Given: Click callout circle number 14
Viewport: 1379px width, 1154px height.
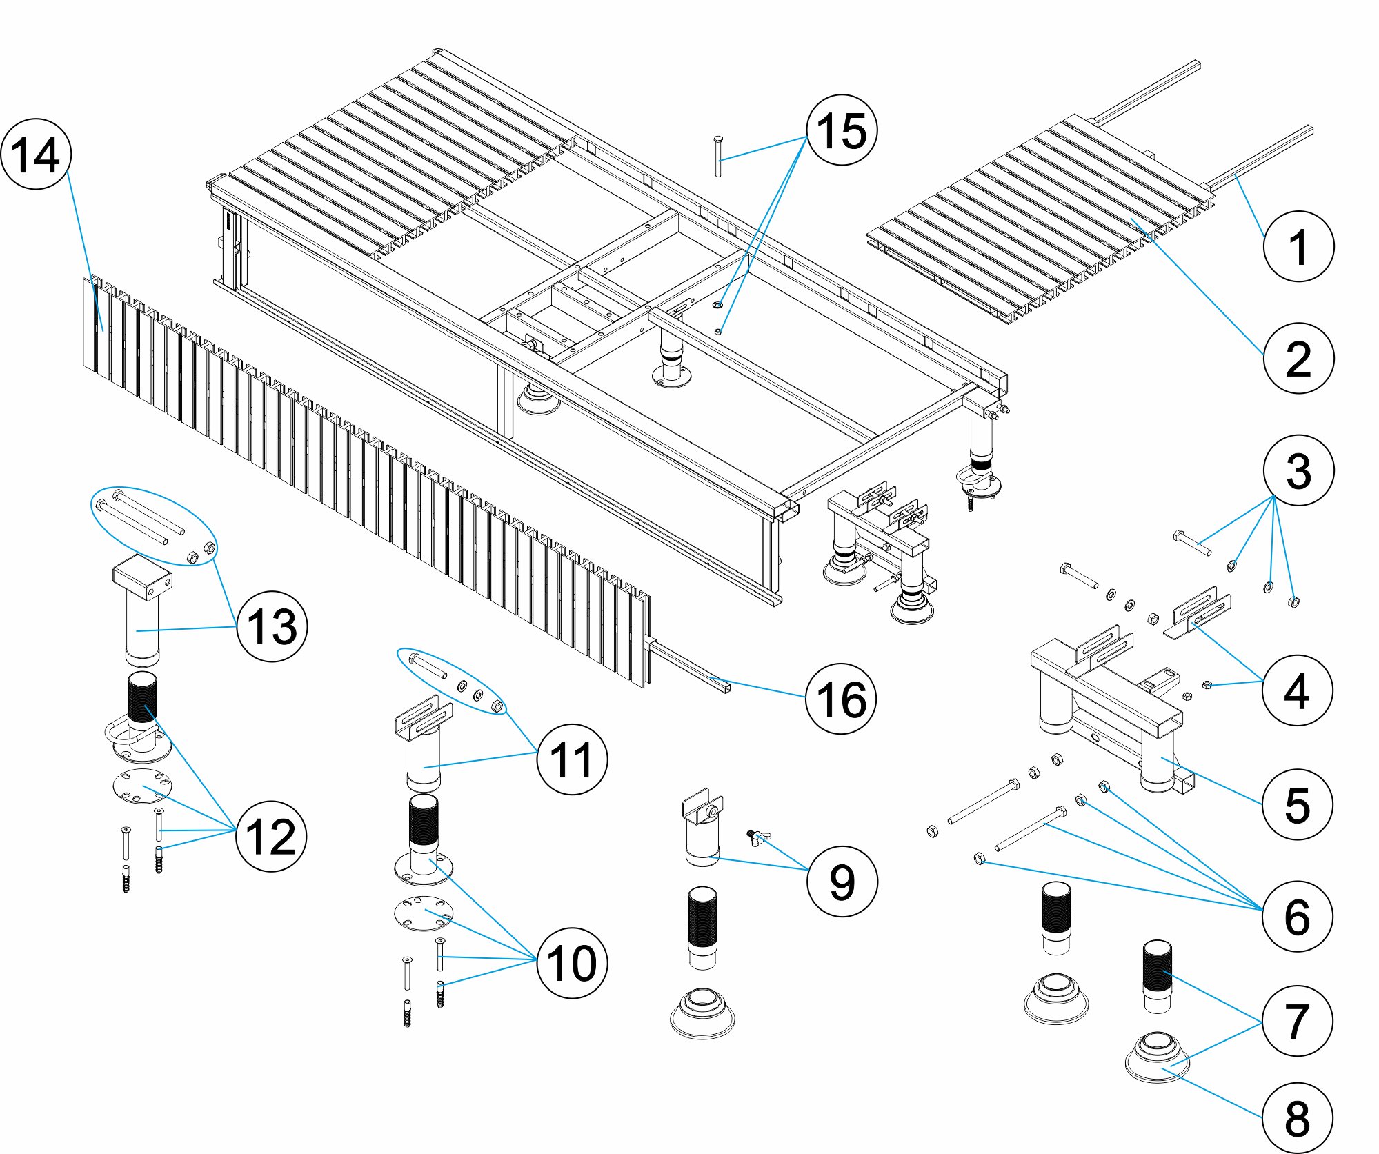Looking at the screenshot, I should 36,155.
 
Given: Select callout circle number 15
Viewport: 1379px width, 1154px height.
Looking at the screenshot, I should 842,130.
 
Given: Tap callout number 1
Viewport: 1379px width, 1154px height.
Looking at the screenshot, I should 1298,246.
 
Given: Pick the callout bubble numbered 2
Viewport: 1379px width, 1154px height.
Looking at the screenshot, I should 1298,358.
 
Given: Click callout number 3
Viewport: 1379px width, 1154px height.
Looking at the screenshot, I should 1298,470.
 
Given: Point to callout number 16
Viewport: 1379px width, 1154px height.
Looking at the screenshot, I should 840,699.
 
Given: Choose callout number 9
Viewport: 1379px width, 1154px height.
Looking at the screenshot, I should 842,881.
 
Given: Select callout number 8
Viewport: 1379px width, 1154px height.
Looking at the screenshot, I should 1297,1117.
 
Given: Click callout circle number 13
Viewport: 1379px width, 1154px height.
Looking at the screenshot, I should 272,626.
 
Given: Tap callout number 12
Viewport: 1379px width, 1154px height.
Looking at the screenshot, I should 270,836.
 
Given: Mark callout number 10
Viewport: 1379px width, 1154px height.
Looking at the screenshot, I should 572,962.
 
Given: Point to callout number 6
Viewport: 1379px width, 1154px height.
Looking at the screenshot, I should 1297,916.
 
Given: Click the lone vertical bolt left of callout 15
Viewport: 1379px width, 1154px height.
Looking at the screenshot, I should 718,156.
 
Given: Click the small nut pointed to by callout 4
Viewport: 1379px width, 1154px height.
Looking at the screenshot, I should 1207,685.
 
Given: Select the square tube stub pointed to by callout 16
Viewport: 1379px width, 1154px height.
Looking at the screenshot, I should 690,667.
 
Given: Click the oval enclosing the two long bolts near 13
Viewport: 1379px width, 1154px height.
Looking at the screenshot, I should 154,526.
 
